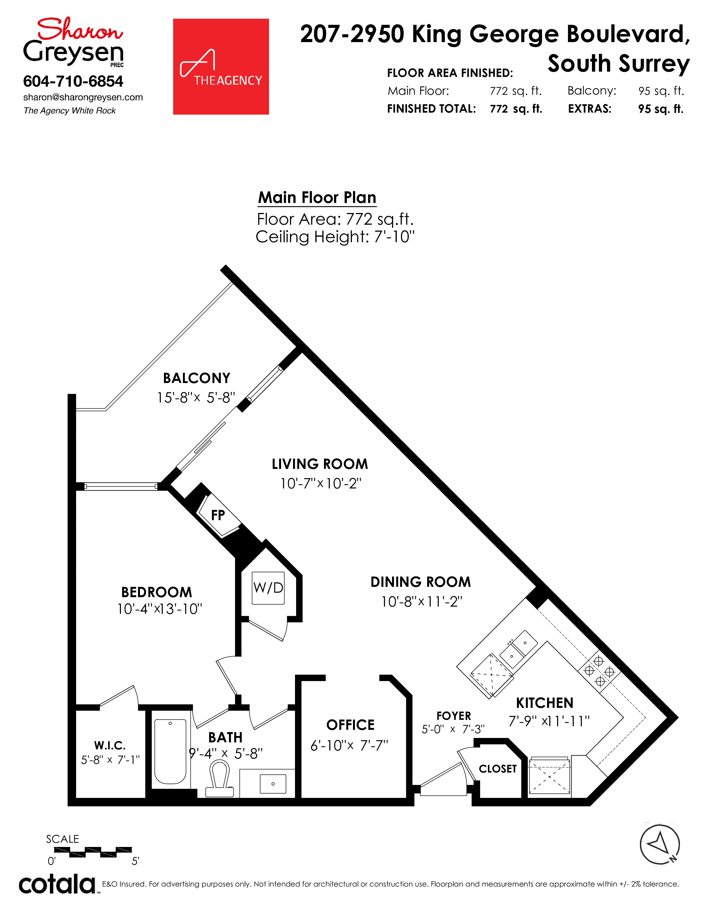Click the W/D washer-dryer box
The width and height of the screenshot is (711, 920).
[x=268, y=588]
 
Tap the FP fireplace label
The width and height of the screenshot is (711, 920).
[x=218, y=515]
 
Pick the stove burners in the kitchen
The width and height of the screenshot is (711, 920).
[x=599, y=670]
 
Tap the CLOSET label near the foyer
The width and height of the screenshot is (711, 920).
[x=497, y=769]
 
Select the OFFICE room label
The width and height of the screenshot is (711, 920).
[x=350, y=725]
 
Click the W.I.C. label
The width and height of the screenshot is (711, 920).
[x=110, y=745]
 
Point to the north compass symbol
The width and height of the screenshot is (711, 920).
[x=660, y=844]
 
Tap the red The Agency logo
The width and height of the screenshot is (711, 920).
[x=221, y=67]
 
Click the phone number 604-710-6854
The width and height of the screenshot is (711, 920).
[x=73, y=81]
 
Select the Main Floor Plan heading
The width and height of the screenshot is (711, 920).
[x=317, y=198]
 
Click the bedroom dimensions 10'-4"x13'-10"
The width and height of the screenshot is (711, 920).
[x=160, y=609]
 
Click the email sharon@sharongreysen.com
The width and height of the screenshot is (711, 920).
[x=83, y=97]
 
